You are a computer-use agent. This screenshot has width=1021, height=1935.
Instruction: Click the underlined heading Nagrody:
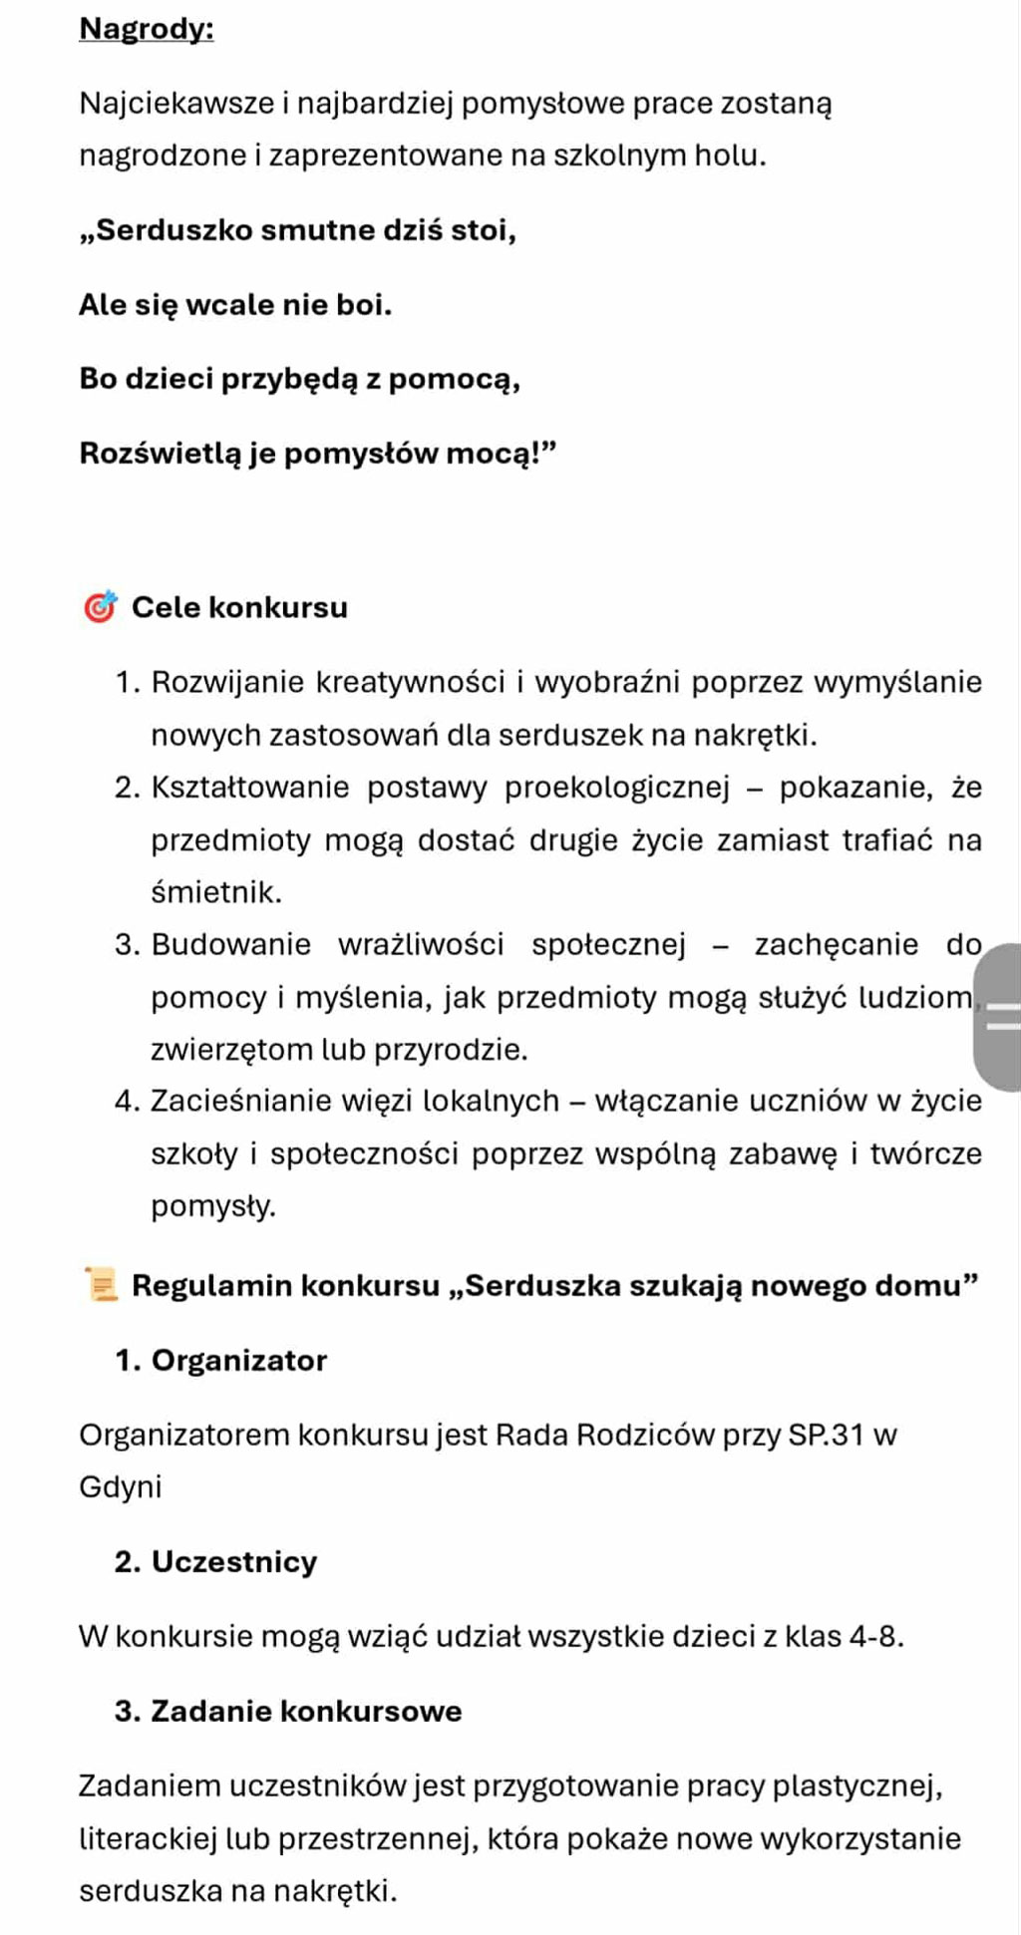(147, 29)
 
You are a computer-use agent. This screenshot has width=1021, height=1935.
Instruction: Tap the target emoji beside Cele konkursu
(100, 607)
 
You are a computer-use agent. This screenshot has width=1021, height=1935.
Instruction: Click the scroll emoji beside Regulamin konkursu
(101, 1285)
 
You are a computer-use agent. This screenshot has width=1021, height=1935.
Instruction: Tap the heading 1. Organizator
(221, 1361)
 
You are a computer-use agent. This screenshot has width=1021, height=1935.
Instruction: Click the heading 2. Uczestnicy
(216, 1561)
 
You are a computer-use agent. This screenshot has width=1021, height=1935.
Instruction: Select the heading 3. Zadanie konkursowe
(288, 1711)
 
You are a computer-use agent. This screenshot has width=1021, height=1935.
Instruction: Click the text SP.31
(827, 1436)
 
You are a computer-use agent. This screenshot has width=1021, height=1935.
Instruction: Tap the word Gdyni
(120, 1487)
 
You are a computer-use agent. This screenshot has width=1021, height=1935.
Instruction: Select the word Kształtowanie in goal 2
(250, 788)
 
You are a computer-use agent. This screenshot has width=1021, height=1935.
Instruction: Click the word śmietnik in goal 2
(214, 892)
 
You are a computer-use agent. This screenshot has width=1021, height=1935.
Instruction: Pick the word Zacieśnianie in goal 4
(241, 1102)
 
